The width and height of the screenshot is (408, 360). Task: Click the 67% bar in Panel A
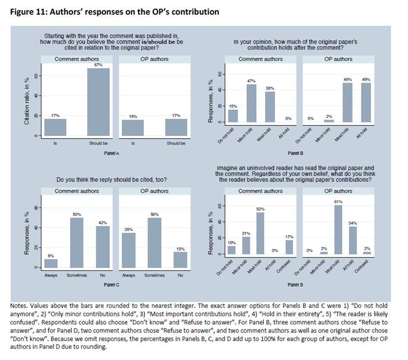pos(98,102)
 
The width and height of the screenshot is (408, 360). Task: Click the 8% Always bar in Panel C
pos(51,263)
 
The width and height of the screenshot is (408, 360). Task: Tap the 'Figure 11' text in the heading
pos(27,12)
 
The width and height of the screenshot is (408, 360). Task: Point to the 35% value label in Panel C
pos(129,229)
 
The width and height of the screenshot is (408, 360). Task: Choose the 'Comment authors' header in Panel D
pos(260,191)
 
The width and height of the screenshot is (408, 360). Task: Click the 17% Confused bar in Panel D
pos(289,247)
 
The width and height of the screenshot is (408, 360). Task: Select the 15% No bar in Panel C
pos(180,260)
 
